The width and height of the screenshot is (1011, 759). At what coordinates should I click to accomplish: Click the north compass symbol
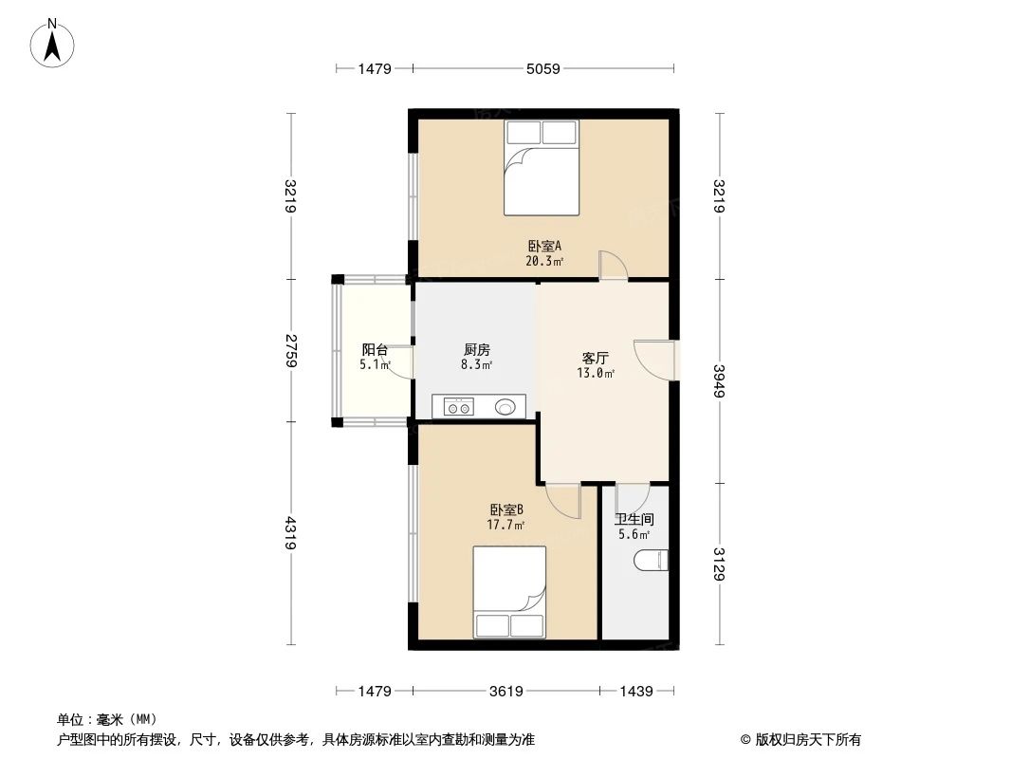pyautogui.click(x=54, y=43)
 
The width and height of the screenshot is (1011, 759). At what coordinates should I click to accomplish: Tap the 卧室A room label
pyautogui.click(x=544, y=246)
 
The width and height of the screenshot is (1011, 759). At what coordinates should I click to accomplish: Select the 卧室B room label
pyautogui.click(x=506, y=509)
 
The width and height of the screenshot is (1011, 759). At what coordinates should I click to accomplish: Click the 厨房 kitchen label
pyautogui.click(x=476, y=349)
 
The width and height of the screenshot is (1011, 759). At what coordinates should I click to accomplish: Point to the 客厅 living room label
pyautogui.click(x=596, y=359)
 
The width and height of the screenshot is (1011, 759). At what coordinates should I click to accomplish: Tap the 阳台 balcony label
pyautogui.click(x=375, y=349)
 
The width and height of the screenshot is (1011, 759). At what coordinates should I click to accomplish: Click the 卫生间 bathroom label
pyautogui.click(x=634, y=520)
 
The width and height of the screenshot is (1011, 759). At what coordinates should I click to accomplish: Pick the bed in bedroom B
pyautogui.click(x=510, y=592)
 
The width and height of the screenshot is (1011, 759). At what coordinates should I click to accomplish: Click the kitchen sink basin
pyautogui.click(x=506, y=408)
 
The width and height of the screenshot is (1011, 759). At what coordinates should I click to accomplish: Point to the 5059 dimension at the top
pyautogui.click(x=543, y=68)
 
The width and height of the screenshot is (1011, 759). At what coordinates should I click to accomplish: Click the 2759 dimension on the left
pyautogui.click(x=292, y=350)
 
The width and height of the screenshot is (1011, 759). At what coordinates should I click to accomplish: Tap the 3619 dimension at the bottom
pyautogui.click(x=505, y=692)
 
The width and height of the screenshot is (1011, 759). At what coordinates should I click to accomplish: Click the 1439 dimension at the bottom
pyautogui.click(x=635, y=692)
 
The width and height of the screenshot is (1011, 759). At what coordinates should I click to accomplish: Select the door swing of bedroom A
pyautogui.click(x=612, y=265)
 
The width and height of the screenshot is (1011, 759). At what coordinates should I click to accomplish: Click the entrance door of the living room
pyautogui.click(x=653, y=359)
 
